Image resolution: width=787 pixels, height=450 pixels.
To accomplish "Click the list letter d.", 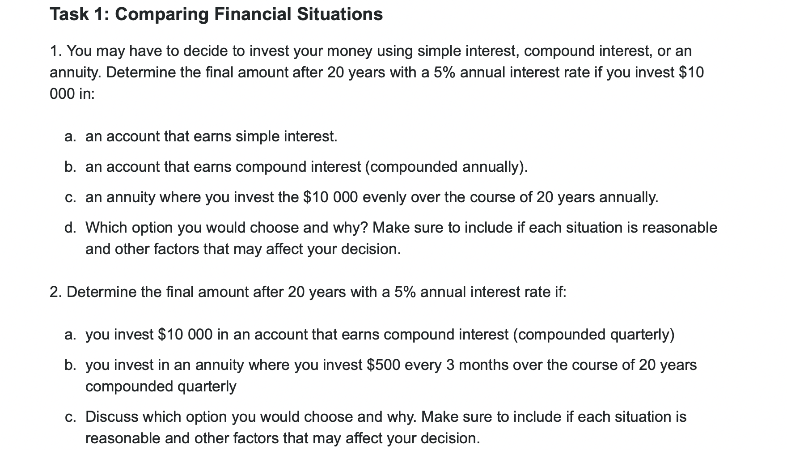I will point(70,228).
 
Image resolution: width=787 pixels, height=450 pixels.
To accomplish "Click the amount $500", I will point(383,365).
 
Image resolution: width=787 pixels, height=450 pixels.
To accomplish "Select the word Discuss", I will point(112,417).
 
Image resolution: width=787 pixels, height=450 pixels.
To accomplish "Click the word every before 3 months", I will point(423,365).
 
